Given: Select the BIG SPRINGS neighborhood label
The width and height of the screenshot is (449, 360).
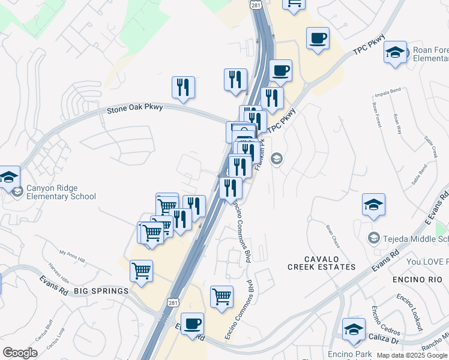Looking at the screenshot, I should click(101, 291).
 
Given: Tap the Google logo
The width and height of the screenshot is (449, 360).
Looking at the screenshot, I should click(20, 353).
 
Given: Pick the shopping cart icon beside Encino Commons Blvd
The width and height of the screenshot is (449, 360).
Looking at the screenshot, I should click(222, 296).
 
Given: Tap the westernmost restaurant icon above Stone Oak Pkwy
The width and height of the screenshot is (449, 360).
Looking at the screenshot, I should click(183, 87).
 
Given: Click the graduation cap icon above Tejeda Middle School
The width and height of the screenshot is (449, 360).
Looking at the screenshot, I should click(374, 205).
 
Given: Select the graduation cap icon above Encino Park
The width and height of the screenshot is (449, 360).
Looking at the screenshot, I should click(354, 329).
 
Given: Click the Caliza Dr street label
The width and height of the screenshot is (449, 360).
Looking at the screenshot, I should click(387, 340).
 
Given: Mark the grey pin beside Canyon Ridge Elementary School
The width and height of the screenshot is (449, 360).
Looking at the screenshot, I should click(17, 191).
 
